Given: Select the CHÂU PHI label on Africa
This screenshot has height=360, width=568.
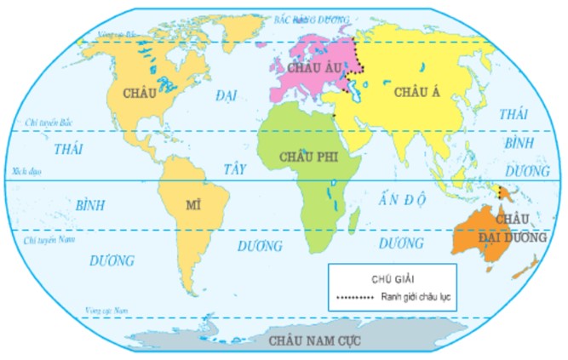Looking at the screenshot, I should (x=304, y=157).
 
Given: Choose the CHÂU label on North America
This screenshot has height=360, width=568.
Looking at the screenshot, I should (x=140, y=91).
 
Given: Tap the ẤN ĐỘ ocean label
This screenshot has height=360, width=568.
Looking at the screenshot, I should (x=401, y=201).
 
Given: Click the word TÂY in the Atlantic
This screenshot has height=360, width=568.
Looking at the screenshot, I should (x=234, y=169).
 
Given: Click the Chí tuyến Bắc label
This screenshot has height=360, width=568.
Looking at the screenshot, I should (x=45, y=123).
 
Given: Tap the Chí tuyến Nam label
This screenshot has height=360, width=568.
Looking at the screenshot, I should (x=45, y=241).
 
